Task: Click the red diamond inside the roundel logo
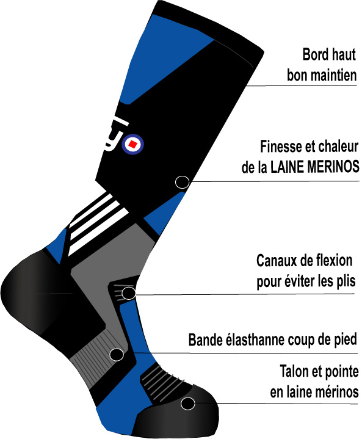click(132, 145)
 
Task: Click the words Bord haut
click(329, 54)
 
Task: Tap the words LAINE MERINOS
click(315, 167)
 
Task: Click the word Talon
click(292, 371)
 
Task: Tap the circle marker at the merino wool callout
click(182, 183)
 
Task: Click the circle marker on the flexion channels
click(129, 293)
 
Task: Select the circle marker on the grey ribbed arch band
click(117, 355)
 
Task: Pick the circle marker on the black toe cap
click(187, 404)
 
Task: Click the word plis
click(346, 281)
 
